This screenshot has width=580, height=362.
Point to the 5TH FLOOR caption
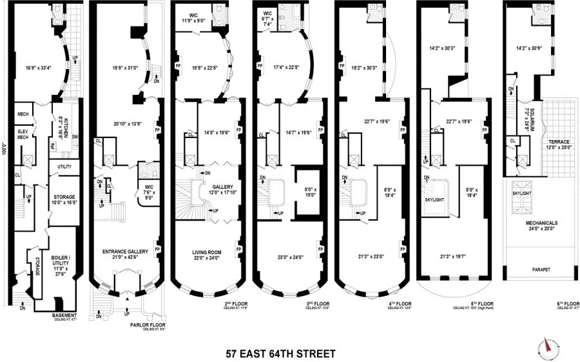tap(476, 304)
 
